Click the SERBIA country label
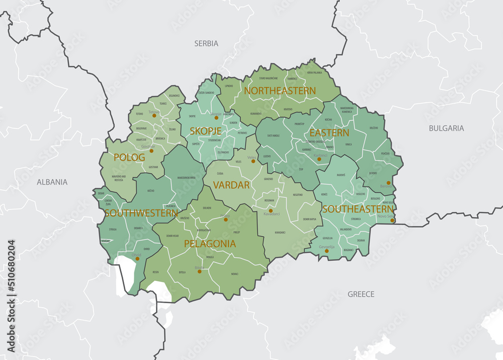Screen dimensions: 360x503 [206, 43]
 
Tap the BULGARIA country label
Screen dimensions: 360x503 [446, 128]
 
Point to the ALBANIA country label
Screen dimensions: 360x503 [52, 182]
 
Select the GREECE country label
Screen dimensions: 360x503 [361, 294]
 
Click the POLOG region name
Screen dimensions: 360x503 [129, 157]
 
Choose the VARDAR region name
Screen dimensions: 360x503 [231, 185]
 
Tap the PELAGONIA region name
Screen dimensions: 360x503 [210, 244]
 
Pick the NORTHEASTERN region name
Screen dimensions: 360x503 [280, 91]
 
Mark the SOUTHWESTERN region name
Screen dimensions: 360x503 [141, 213]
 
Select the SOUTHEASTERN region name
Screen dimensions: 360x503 [358, 208]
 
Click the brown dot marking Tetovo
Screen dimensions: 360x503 [155, 116]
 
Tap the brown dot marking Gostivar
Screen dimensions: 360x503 [151, 151]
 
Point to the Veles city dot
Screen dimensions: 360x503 [254, 161]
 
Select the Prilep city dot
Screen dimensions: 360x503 [225, 220]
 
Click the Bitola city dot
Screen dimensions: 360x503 [200, 271]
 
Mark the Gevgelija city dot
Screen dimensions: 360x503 [326, 251]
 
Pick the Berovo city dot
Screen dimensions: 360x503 [388, 183]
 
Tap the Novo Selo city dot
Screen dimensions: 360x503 [392, 220]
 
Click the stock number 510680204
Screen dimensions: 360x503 [11, 271]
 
